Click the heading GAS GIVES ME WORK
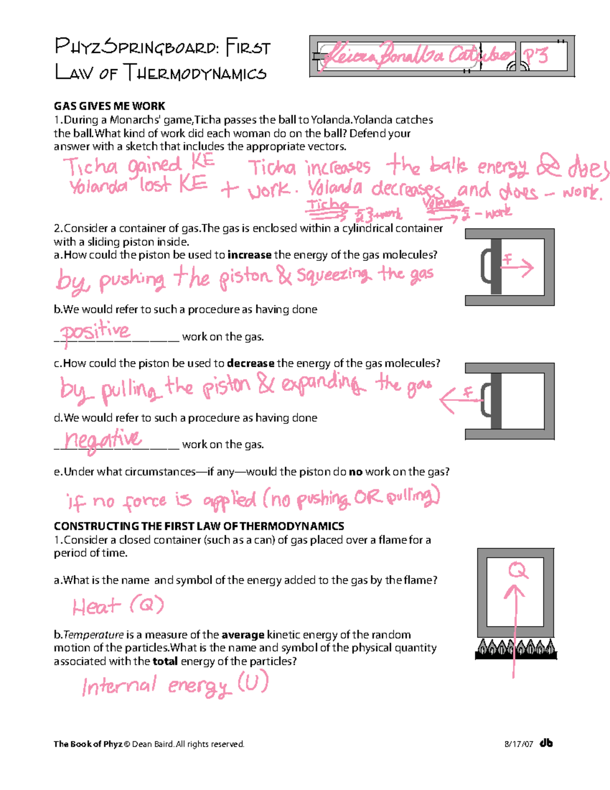(x=109, y=106)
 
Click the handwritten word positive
(x=95, y=332)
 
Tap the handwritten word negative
(x=102, y=440)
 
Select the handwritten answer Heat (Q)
(x=118, y=606)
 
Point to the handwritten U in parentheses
(x=253, y=683)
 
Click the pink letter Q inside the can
(x=517, y=571)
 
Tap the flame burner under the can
(x=515, y=650)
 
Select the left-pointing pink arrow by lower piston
(x=457, y=398)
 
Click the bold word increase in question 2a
(x=250, y=255)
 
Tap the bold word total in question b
(x=165, y=661)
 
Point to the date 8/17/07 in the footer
(x=518, y=744)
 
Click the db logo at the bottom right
(x=546, y=743)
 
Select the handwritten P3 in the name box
(x=536, y=55)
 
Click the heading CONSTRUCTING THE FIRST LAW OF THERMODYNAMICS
(x=199, y=526)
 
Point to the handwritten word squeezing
(x=332, y=275)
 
